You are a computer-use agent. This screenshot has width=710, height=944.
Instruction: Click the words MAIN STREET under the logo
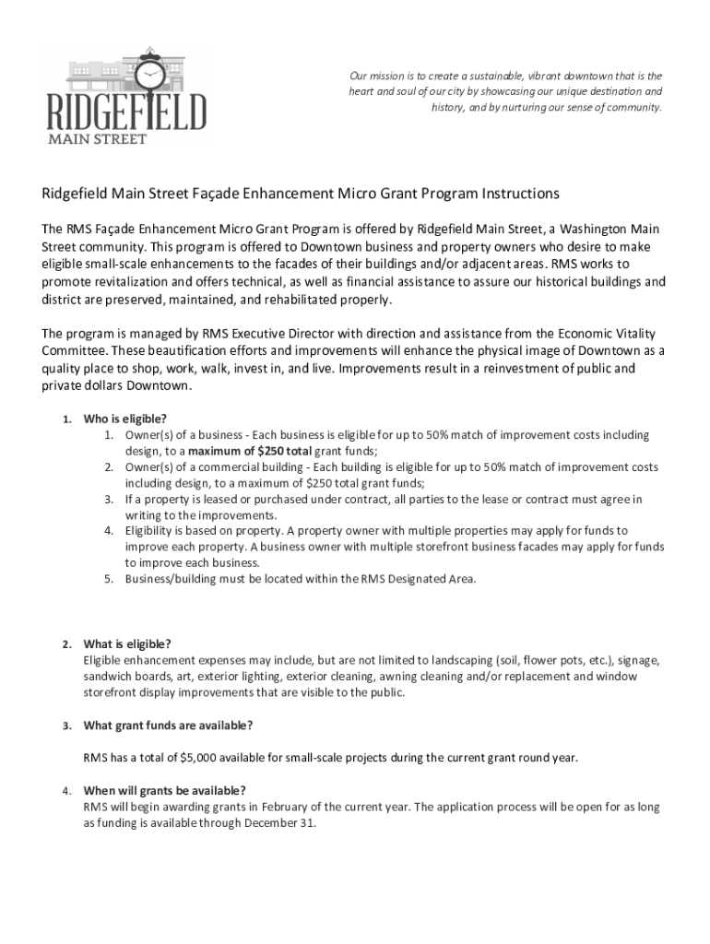98,139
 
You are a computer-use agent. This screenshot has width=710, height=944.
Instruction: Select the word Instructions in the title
519,195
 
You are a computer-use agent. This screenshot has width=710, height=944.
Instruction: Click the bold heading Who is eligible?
125,419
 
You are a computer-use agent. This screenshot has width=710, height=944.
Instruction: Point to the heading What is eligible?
127,643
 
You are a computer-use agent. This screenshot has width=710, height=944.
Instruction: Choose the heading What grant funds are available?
168,726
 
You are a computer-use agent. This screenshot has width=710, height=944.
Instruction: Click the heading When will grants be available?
164,791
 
